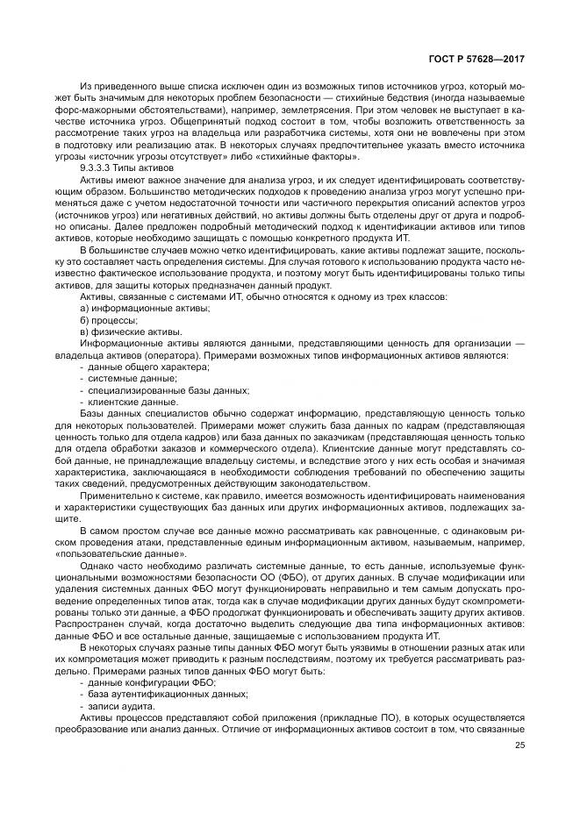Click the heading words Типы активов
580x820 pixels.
coord(146,167)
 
